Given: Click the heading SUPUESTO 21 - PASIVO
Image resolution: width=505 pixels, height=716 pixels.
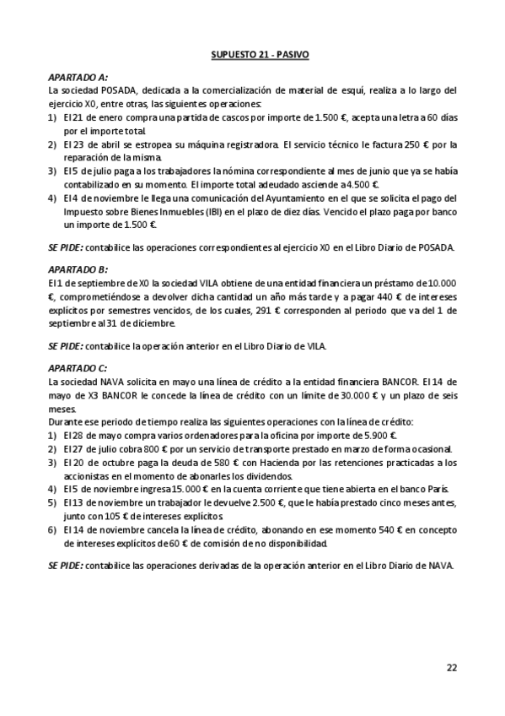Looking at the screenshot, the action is point(260,55).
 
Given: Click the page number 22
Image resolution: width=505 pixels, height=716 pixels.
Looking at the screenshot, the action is point(452,668).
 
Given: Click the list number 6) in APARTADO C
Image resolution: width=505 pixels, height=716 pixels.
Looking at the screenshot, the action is point(54,529).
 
